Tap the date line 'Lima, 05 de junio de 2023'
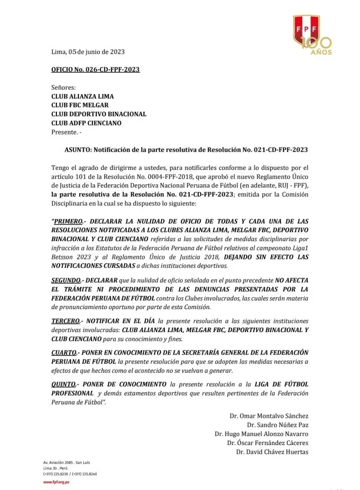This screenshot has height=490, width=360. tap(88, 52)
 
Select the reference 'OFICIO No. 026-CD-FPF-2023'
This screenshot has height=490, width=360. tap(95, 69)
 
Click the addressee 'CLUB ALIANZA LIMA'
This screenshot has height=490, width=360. tap(82, 96)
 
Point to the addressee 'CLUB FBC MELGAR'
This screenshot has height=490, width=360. tap(79, 105)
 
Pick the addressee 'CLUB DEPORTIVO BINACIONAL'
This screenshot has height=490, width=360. tap(99, 114)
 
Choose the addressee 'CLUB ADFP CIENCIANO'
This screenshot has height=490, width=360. tap(86, 123)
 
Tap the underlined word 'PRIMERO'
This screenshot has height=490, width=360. tap(67, 222)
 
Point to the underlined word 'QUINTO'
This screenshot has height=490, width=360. tap(64, 384)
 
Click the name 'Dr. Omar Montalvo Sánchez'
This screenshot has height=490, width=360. tap(269, 416)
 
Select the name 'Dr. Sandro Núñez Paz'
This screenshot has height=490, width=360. tap(278, 425)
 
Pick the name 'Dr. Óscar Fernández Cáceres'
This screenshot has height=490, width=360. tap(268, 443)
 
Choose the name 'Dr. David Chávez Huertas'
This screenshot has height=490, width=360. tap(272, 452)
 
